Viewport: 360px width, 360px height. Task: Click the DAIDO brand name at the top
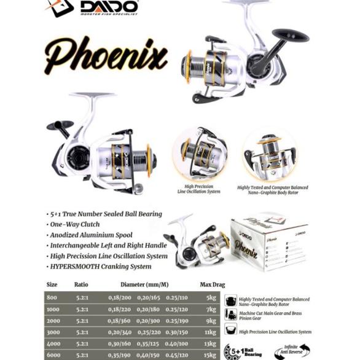pos(109,7)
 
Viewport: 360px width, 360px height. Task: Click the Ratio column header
pos(81,284)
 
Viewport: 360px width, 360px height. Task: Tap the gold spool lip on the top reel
pos(186,66)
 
